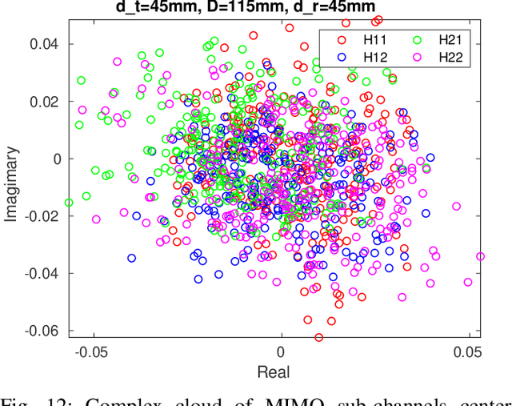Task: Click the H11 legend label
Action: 377,39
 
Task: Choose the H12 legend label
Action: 377,57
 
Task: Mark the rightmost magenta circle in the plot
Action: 480,257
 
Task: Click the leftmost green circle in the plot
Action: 69,203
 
